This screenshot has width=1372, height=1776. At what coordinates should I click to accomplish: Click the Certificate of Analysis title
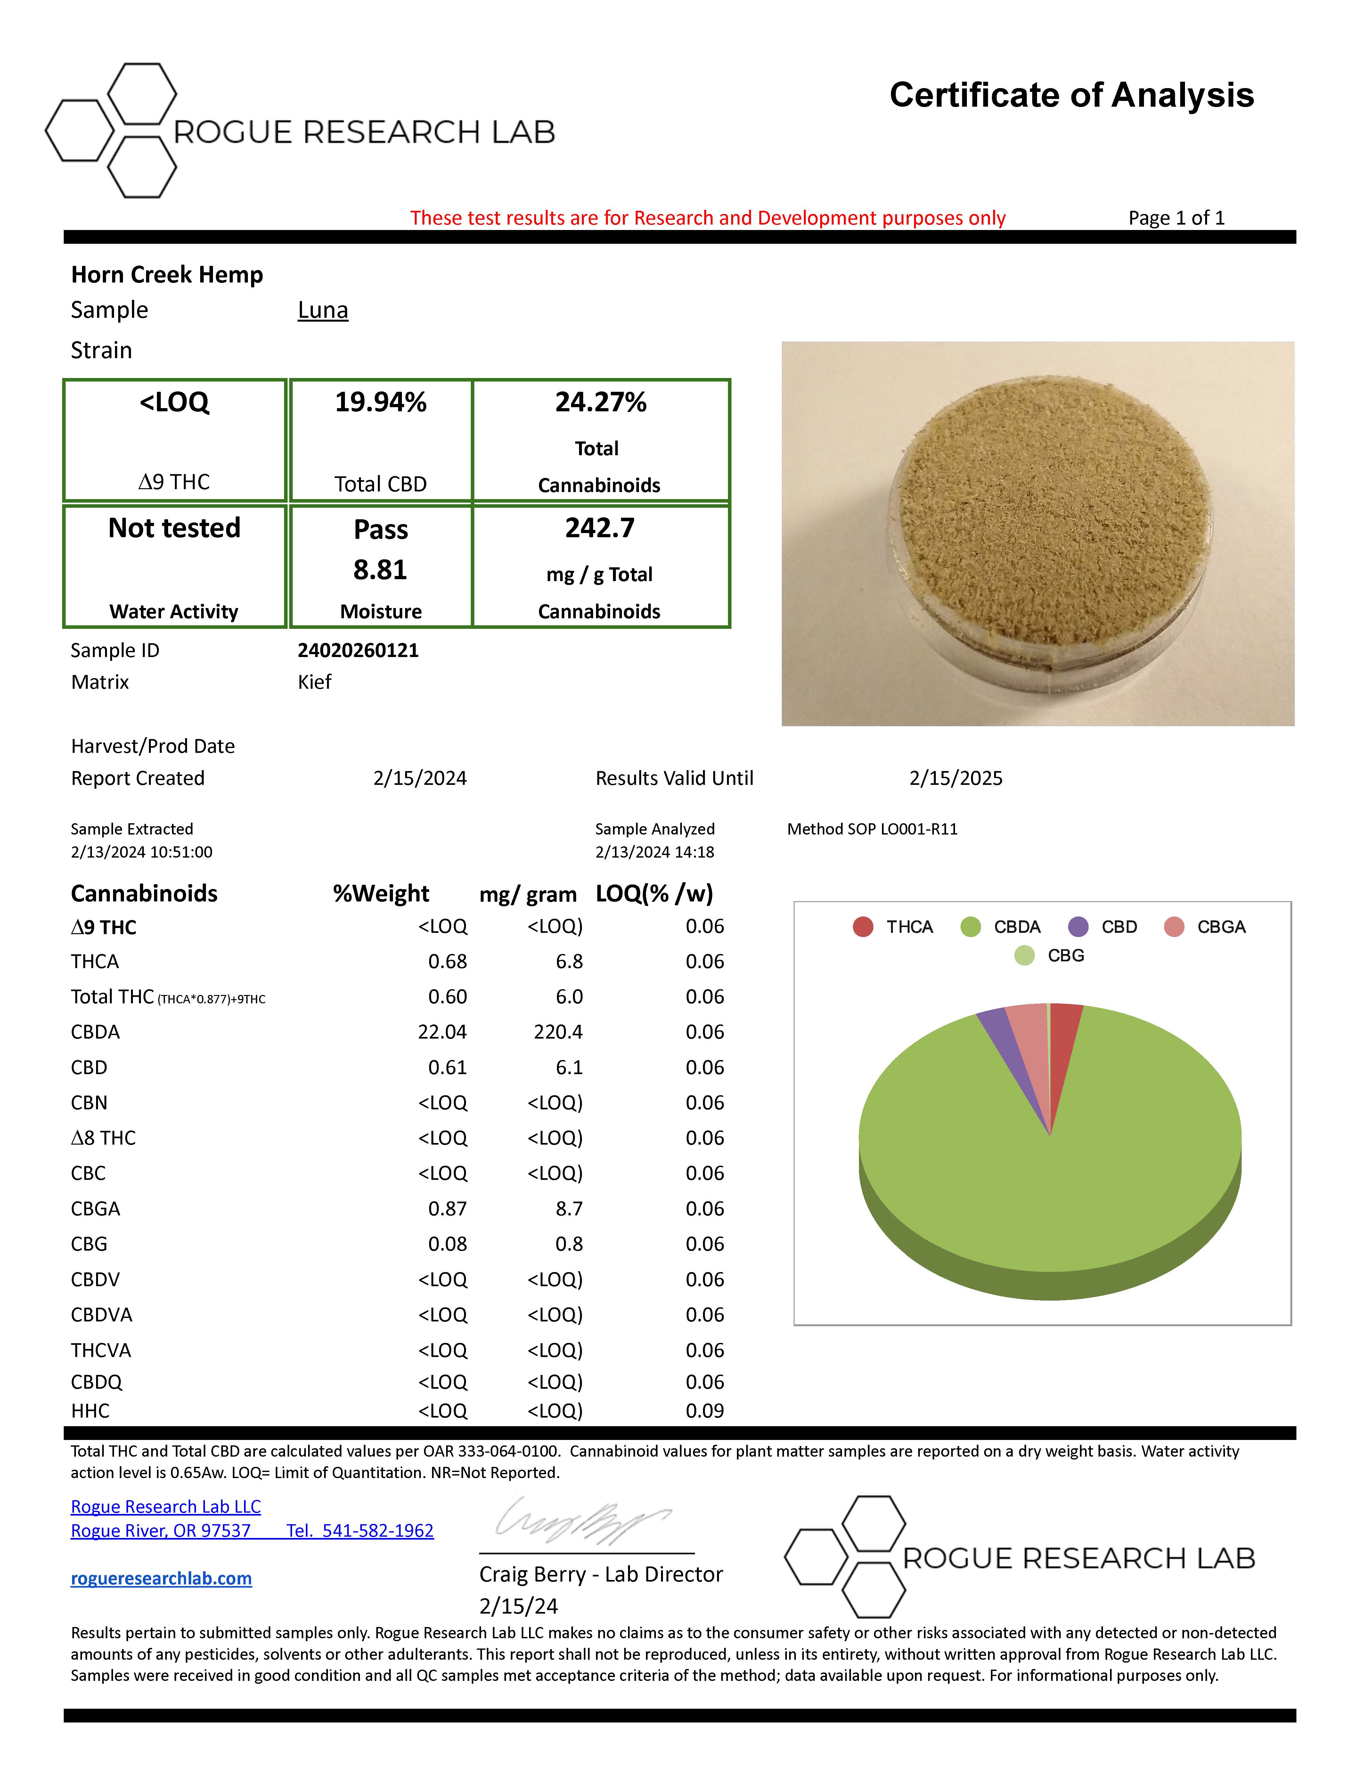pos(1071,95)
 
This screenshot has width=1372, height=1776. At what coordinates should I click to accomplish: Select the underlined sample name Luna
pos(323,310)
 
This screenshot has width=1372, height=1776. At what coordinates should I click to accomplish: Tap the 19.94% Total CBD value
pos(380,402)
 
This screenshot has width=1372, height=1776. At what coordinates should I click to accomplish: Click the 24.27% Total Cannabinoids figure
pos(601,402)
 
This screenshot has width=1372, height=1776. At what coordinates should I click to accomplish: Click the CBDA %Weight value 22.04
pos(442,1032)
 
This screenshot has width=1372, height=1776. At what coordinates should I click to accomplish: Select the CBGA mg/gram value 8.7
pos(569,1208)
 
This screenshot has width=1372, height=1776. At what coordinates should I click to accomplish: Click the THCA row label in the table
pos(95,961)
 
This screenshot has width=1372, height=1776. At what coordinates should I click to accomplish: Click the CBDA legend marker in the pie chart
pos(970,927)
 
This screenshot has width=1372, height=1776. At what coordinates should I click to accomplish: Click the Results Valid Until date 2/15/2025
pos(956,778)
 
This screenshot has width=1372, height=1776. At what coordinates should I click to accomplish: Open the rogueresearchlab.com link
pos(161,1578)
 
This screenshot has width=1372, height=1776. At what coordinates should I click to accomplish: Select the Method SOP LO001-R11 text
pos(872,829)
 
